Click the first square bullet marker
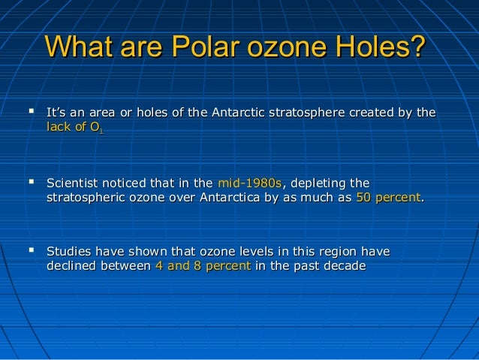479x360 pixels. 31,113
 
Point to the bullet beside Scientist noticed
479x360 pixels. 31,183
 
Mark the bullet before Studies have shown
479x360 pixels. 31,252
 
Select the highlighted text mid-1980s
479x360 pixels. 249,183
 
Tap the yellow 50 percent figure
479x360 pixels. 388,198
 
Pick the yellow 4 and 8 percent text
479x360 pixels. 202,267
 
